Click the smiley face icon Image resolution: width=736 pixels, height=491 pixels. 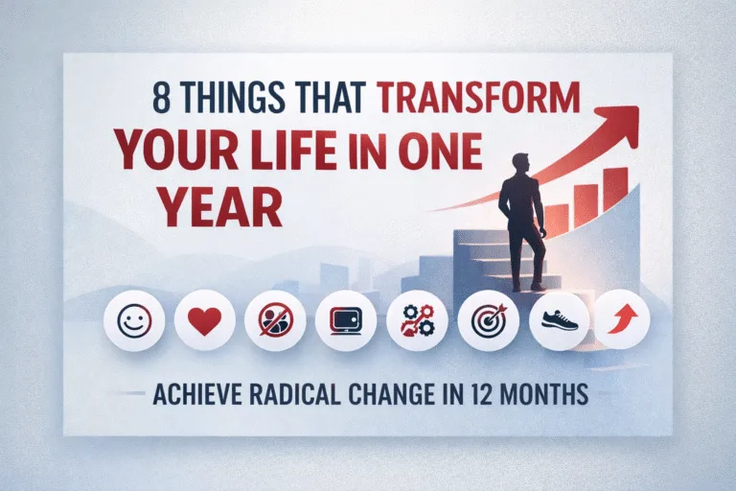[x=133, y=320]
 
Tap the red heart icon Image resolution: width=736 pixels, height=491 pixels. [x=204, y=320]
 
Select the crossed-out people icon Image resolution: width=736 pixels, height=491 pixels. [x=275, y=320]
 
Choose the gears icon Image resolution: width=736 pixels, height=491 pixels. [x=417, y=320]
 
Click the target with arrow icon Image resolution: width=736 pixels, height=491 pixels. [x=488, y=320]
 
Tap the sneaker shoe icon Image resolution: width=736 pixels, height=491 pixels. [x=559, y=319]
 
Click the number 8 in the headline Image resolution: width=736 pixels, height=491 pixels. [x=161, y=99]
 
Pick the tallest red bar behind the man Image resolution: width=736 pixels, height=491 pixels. [x=615, y=188]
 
